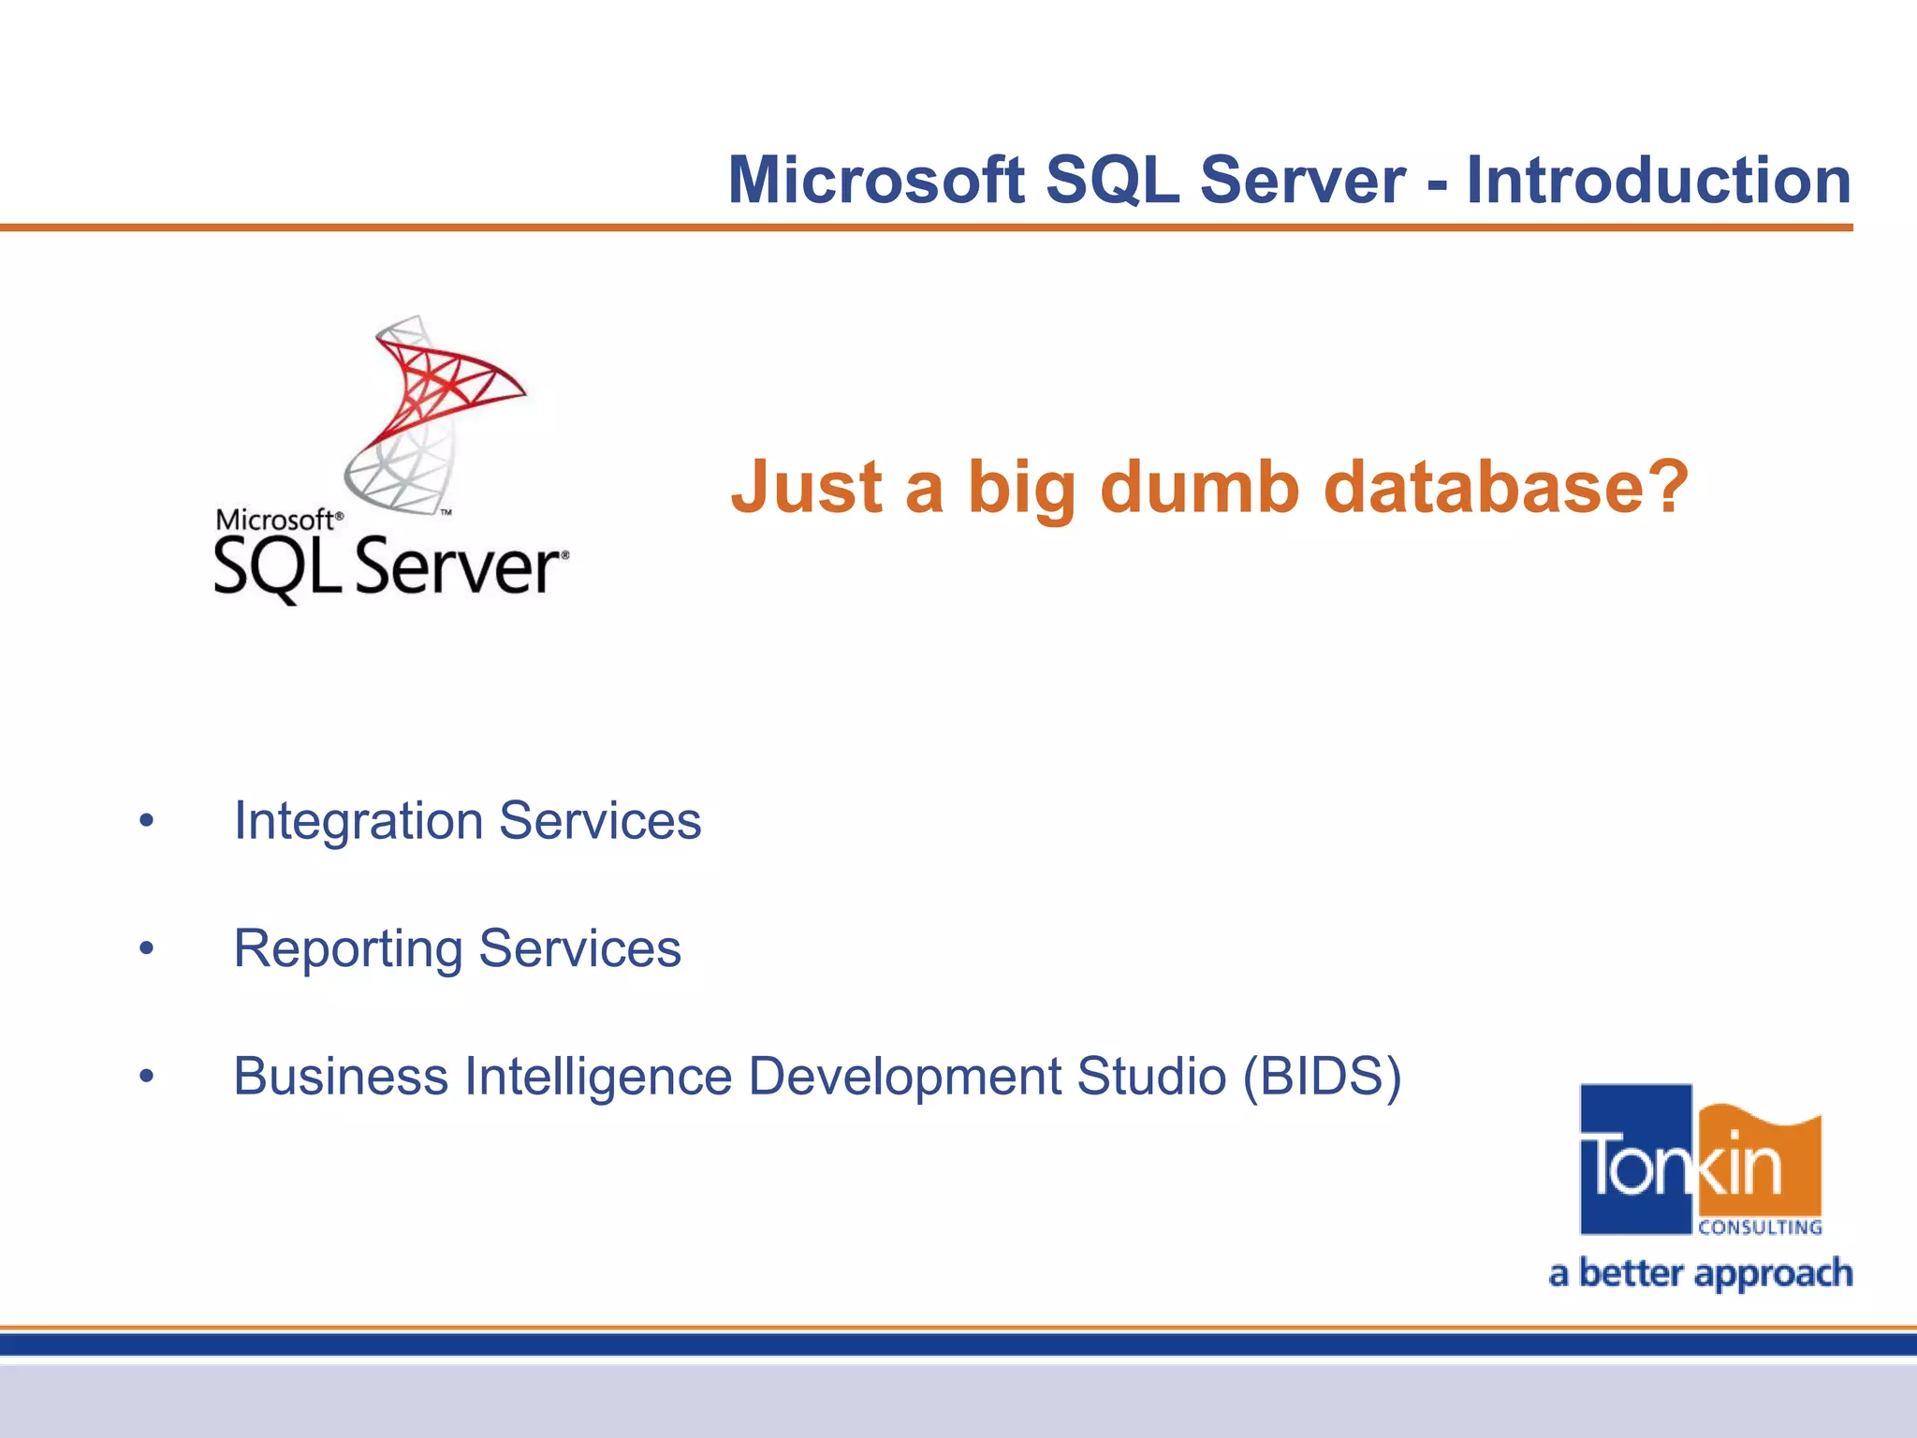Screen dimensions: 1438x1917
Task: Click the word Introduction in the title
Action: pyautogui.click(x=1659, y=180)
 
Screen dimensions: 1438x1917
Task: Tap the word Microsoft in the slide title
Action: pyautogui.click(x=876, y=180)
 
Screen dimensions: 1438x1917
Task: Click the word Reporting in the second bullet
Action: pyautogui.click(x=347, y=949)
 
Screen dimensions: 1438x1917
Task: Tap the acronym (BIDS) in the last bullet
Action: pyautogui.click(x=1322, y=1077)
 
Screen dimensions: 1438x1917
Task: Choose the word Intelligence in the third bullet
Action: pyautogui.click(x=598, y=1077)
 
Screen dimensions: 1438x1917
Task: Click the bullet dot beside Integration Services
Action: pyautogui.click(x=146, y=822)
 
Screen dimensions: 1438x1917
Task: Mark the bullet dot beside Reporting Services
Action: pyautogui.click(x=146, y=949)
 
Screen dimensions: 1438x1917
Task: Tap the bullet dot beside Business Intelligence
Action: pyautogui.click(x=146, y=1077)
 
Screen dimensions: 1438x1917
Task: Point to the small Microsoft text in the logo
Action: pyautogui.click(x=275, y=520)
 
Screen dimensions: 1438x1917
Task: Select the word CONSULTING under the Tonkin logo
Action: pyautogui.click(x=1760, y=1227)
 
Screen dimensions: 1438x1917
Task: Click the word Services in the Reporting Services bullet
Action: pyautogui.click(x=579, y=949)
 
